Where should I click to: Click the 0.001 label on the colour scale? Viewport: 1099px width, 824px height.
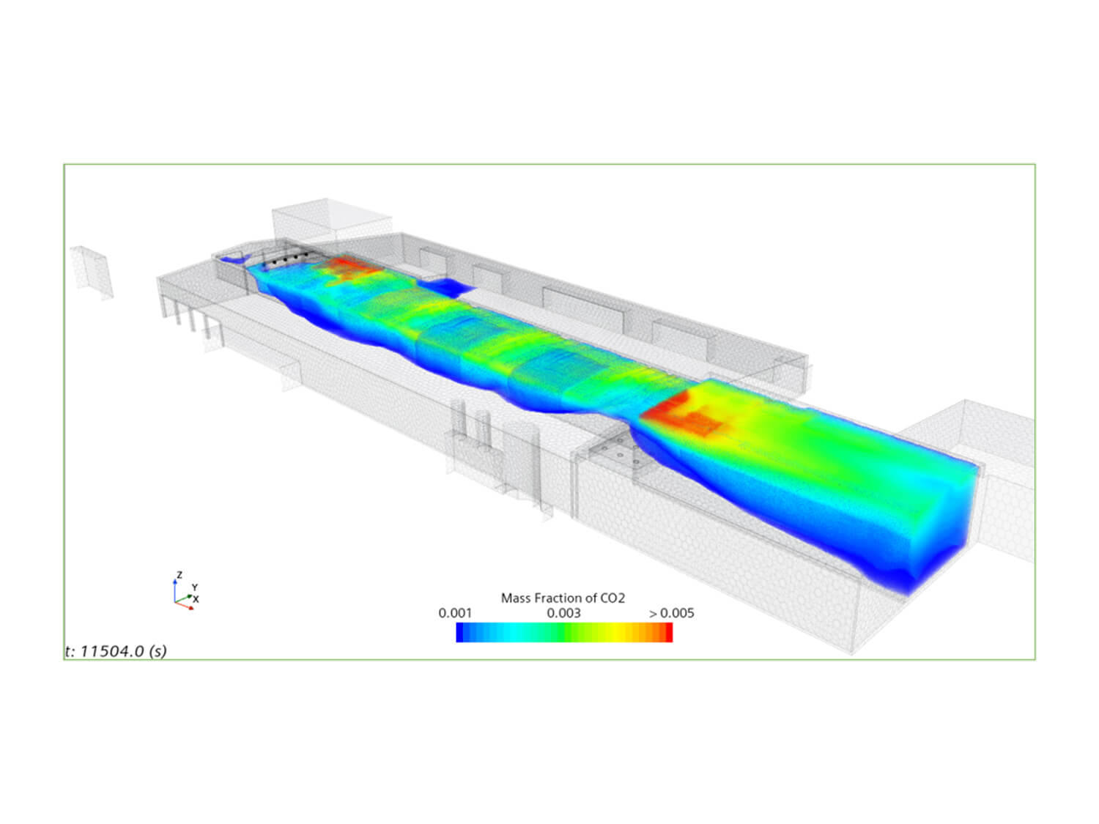[455, 613]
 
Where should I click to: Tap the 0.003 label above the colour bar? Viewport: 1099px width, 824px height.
[563, 613]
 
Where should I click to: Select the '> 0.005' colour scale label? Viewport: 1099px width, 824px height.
[671, 613]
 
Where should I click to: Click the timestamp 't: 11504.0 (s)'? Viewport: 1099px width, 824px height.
[116, 651]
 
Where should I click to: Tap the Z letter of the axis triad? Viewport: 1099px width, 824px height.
[180, 575]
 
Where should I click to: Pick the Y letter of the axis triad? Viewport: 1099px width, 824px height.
[195, 587]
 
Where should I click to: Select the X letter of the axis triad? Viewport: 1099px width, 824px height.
[196, 599]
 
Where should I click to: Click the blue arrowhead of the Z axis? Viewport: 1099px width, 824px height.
[175, 582]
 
